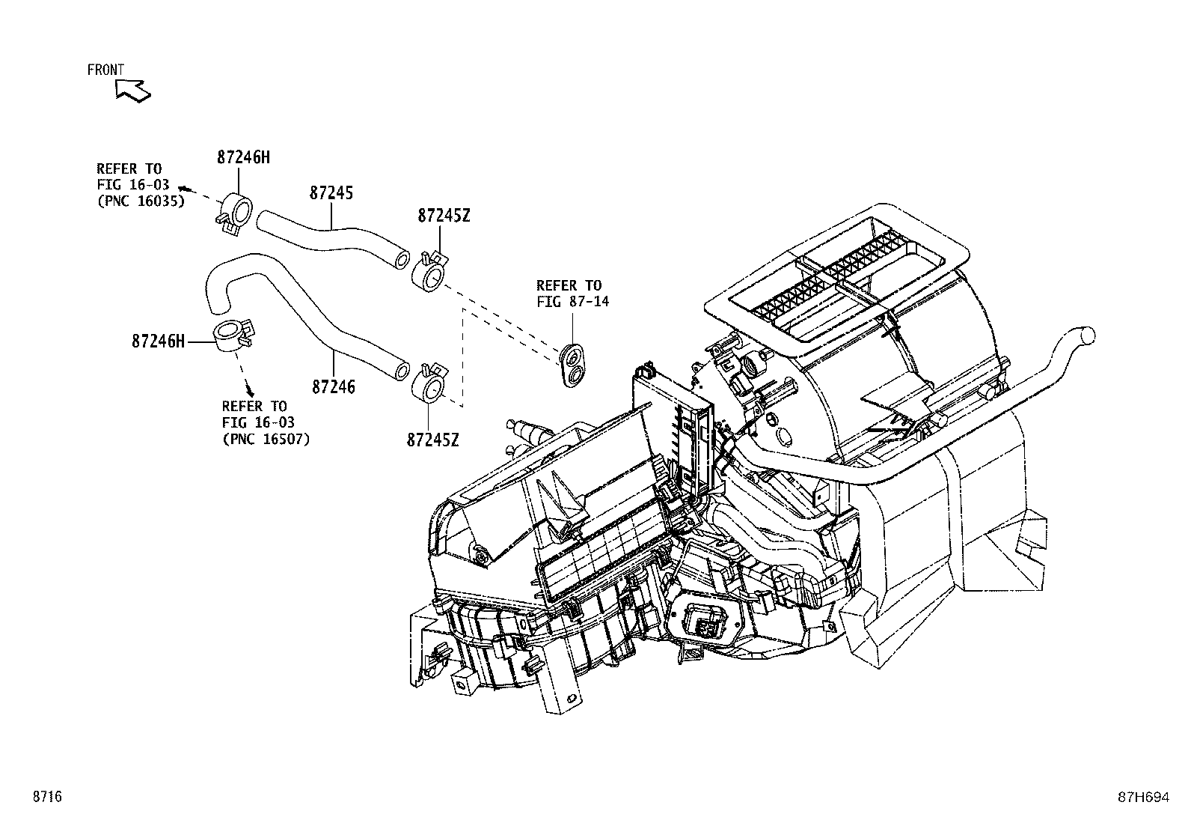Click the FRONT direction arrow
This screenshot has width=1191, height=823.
pyautogui.click(x=133, y=90)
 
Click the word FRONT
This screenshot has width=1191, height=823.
pyautogui.click(x=105, y=70)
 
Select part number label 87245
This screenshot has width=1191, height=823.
pyautogui.click(x=331, y=192)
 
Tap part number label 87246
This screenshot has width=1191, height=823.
pyautogui.click(x=333, y=387)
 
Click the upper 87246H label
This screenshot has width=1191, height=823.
pyautogui.click(x=243, y=157)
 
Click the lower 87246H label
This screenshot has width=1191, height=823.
pyautogui.click(x=158, y=341)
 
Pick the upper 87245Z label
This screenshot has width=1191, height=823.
pyautogui.click(x=444, y=216)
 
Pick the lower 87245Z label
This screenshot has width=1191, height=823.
pyautogui.click(x=432, y=440)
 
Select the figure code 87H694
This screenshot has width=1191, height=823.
pyautogui.click(x=1142, y=798)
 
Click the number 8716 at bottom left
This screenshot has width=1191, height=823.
pyautogui.click(x=46, y=797)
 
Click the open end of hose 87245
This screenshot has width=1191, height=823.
pyautogui.click(x=402, y=259)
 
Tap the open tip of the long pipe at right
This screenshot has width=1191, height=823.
pyautogui.click(x=1086, y=335)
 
